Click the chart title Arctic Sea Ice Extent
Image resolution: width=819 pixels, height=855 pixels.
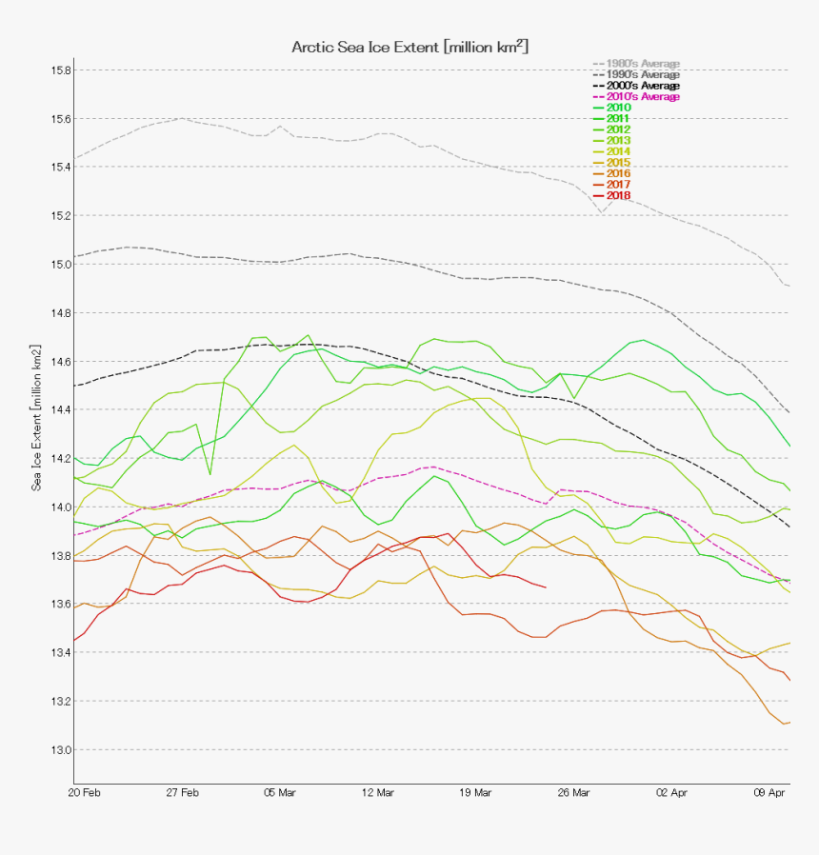click(x=409, y=47)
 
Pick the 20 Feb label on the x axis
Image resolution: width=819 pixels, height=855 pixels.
click(x=85, y=792)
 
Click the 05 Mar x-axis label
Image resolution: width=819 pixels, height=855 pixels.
click(x=280, y=792)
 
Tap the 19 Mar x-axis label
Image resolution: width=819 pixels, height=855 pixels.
click(x=475, y=792)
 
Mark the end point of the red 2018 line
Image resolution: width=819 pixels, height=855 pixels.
click(x=546, y=587)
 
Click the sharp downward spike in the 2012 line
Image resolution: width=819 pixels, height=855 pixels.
click(x=210, y=473)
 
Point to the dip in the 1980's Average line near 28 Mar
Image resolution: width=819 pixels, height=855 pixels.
click(x=602, y=211)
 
